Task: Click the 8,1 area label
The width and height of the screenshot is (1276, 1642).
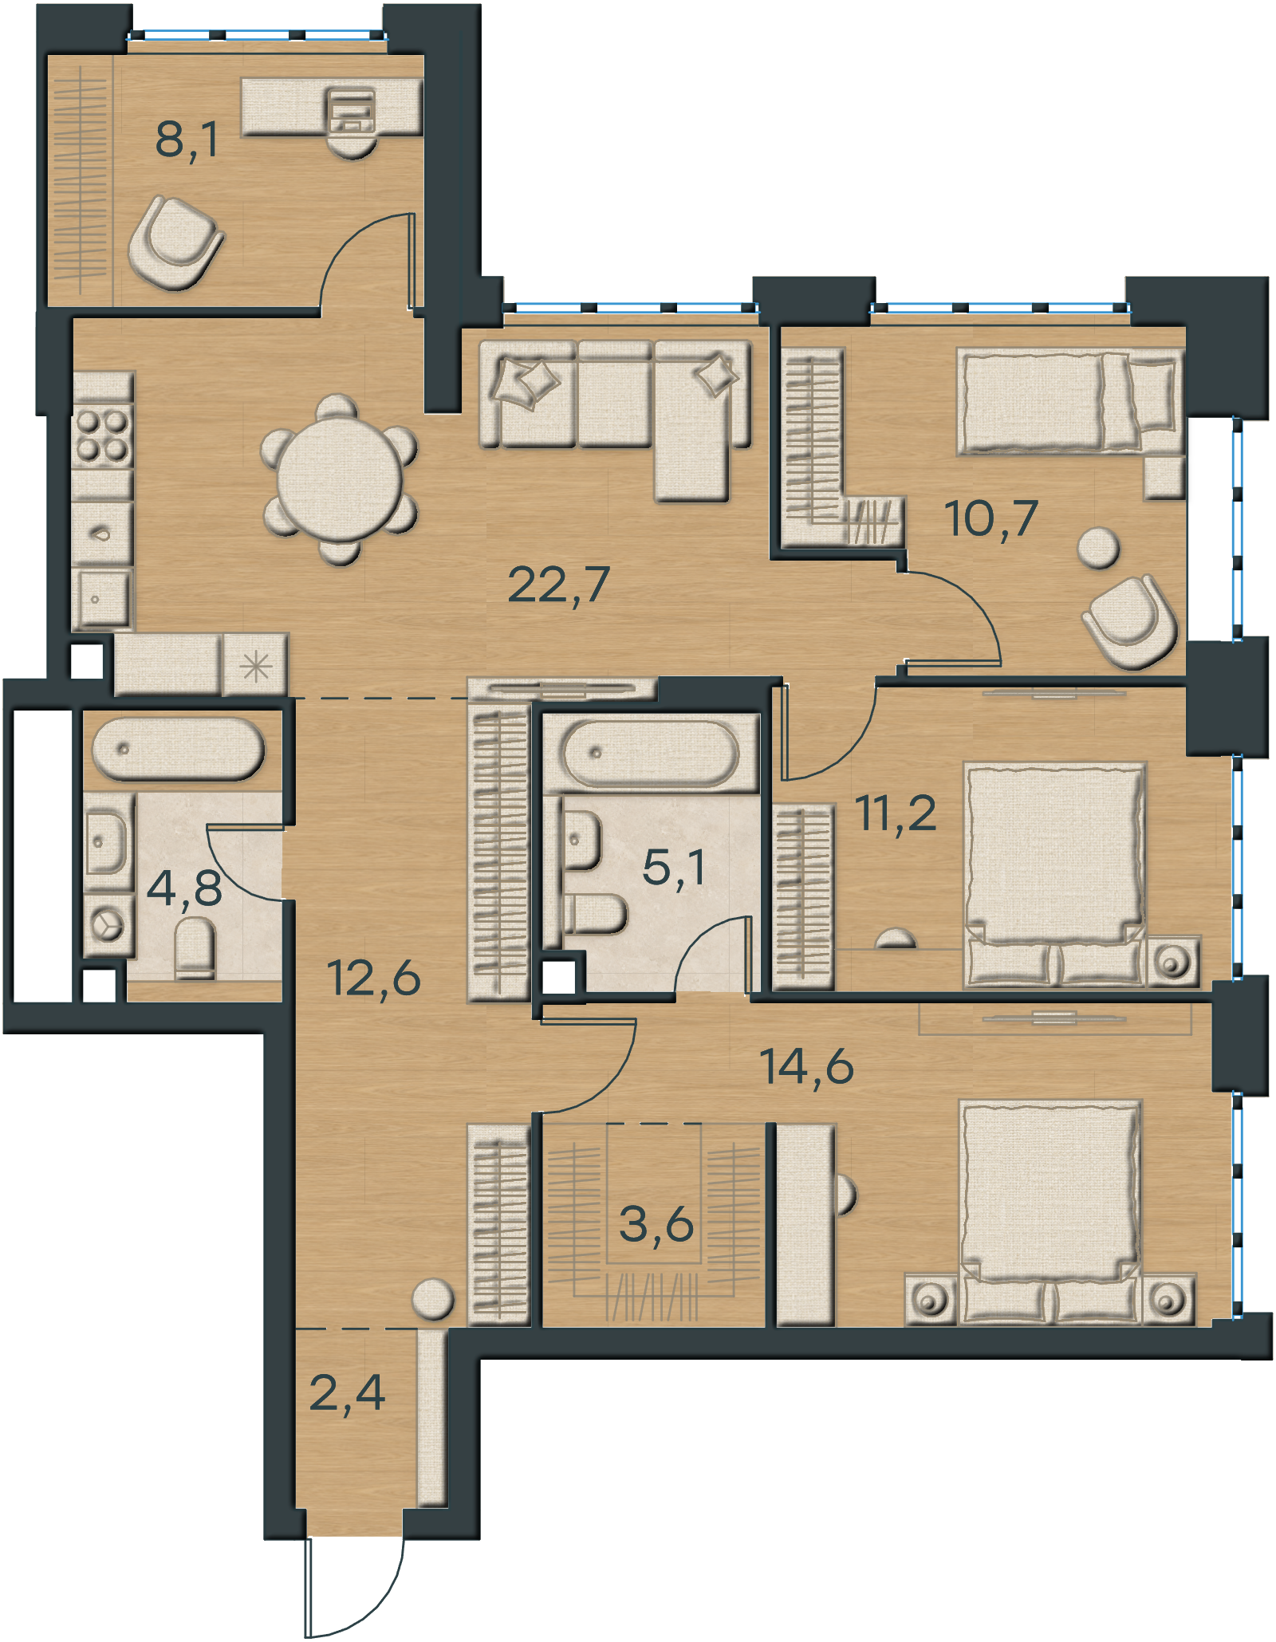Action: [187, 140]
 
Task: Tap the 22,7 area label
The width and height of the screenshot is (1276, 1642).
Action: [558, 585]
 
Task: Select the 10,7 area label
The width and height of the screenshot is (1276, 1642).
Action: [991, 518]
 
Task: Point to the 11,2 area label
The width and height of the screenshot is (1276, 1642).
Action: [896, 813]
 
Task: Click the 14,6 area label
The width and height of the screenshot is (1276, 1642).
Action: [806, 1066]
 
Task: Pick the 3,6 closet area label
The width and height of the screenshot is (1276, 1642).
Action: [656, 1224]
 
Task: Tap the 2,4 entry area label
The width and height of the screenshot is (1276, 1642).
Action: [347, 1392]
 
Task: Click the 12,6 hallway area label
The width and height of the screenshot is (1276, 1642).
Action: [373, 978]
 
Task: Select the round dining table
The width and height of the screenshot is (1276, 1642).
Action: [340, 481]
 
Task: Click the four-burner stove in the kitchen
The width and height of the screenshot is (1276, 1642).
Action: [102, 435]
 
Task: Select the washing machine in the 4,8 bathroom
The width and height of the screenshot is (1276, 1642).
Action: [107, 925]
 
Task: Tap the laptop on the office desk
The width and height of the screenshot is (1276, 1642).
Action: [351, 112]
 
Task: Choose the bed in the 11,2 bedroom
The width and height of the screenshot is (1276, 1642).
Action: [1055, 875]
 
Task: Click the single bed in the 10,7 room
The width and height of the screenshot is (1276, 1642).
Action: [1069, 402]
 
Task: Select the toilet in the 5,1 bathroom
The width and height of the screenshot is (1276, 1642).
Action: [595, 914]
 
